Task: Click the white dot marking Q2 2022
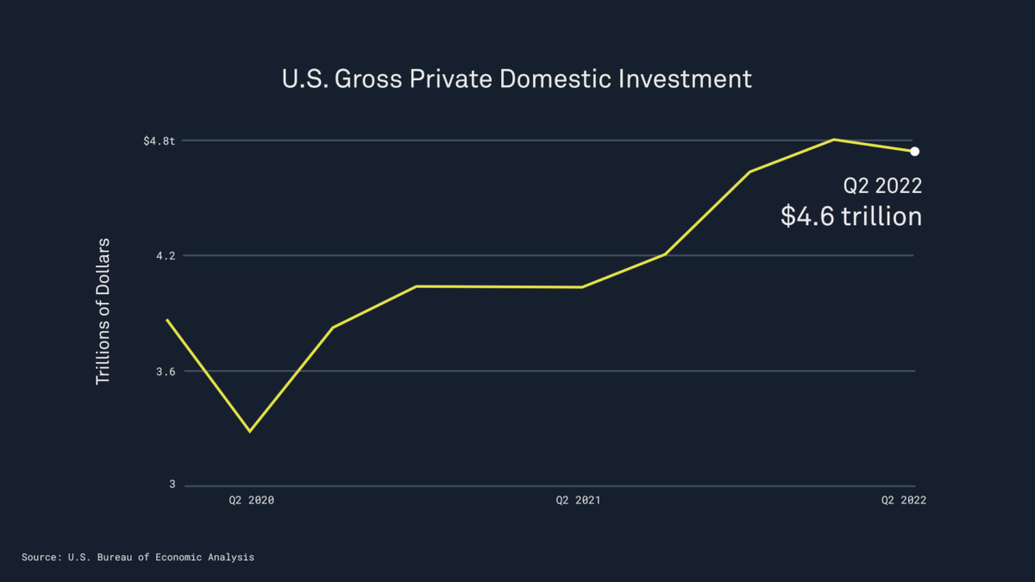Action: pyautogui.click(x=914, y=152)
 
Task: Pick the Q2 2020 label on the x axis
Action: pyautogui.click(x=251, y=500)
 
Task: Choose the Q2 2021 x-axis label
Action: pyautogui.click(x=578, y=500)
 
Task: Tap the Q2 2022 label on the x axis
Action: pyautogui.click(x=902, y=500)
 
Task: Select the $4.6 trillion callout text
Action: pyautogui.click(x=851, y=216)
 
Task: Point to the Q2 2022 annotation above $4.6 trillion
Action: pyautogui.click(x=882, y=185)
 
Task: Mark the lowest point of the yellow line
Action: pyautogui.click(x=250, y=431)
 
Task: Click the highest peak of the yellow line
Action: pyautogui.click(x=834, y=139)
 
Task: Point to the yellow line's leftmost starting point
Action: pyautogui.click(x=166, y=320)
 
